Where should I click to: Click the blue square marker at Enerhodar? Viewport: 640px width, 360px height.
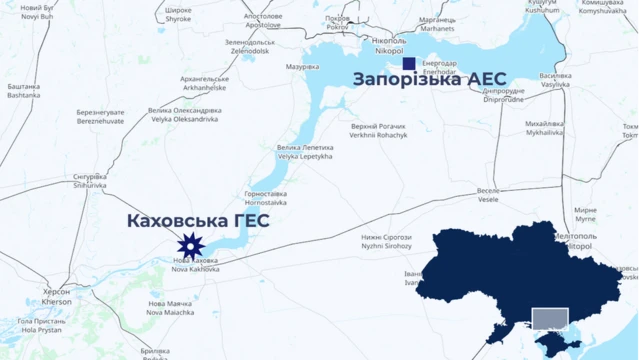(408, 64)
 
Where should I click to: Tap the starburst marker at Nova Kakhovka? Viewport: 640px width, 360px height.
(189, 245)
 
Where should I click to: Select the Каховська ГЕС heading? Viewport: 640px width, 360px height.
(197, 221)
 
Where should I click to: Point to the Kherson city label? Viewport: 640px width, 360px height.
(57, 296)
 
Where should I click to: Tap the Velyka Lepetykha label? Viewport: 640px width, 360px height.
(303, 153)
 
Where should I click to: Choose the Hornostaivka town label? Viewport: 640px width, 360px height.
(266, 198)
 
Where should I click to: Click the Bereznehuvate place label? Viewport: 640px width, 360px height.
(101, 117)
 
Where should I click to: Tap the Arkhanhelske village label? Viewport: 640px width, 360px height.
(205, 82)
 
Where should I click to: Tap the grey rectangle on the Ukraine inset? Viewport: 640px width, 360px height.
(549, 319)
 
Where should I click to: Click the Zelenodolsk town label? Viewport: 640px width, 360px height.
(249, 47)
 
